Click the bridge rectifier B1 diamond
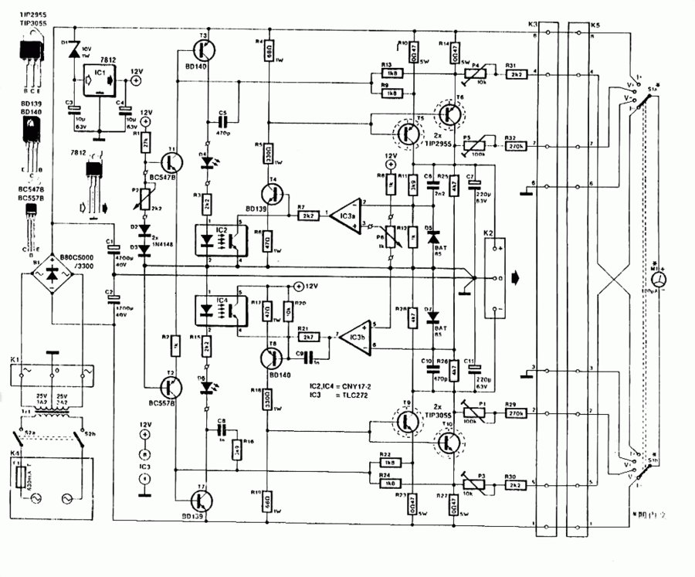[53, 275]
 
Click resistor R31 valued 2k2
[515, 74]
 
